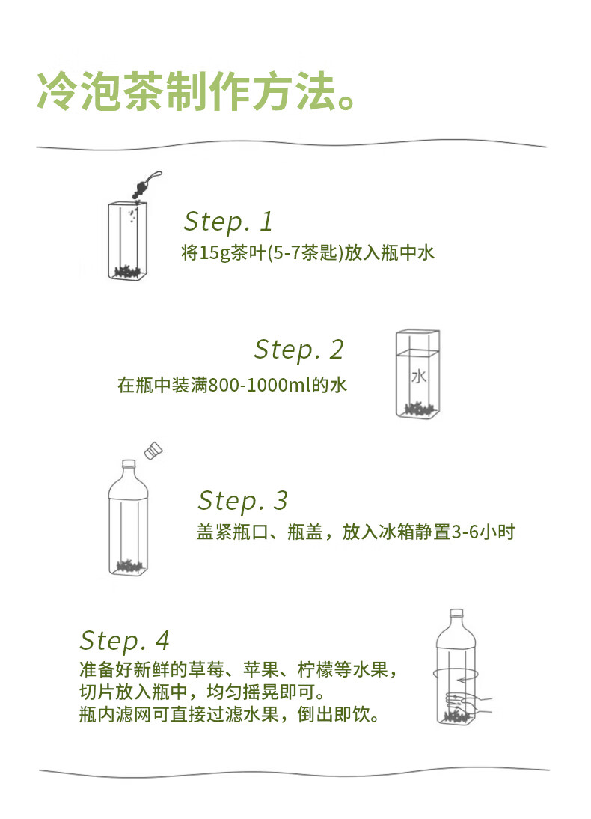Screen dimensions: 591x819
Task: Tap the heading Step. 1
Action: pyautogui.click(x=228, y=221)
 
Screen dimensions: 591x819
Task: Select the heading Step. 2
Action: pyautogui.click(x=298, y=350)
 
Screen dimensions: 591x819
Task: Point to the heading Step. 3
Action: pyautogui.click(x=243, y=500)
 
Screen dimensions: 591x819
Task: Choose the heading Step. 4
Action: pyautogui.click(x=125, y=641)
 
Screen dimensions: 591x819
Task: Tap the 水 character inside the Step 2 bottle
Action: pyautogui.click(x=419, y=376)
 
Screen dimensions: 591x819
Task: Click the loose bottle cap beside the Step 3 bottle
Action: pyautogui.click(x=153, y=451)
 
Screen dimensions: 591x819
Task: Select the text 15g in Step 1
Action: pyautogui.click(x=215, y=253)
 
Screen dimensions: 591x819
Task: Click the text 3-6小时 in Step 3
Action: pyautogui.click(x=483, y=532)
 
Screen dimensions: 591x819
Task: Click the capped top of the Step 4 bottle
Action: pyautogui.click(x=456, y=613)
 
